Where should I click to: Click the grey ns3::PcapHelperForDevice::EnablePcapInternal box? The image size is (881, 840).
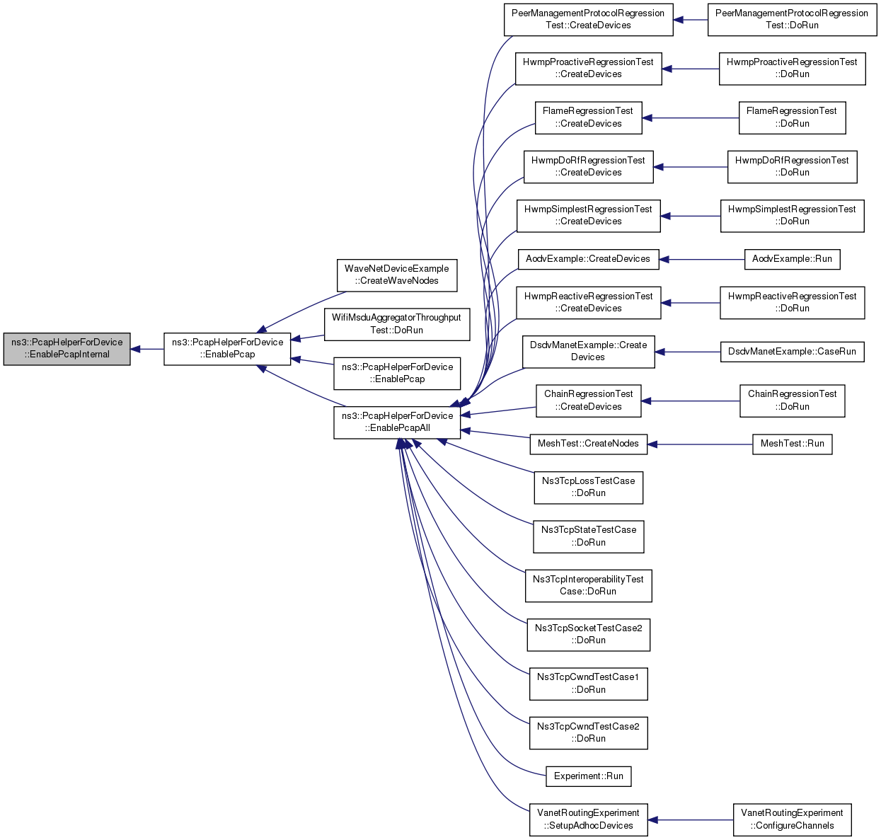[67, 349]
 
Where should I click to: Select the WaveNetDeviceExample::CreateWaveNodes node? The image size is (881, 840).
[396, 275]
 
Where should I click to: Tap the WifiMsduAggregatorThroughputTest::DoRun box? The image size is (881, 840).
[396, 324]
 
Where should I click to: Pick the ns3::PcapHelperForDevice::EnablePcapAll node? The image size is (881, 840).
[396, 422]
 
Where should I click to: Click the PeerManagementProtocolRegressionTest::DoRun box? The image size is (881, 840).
[792, 20]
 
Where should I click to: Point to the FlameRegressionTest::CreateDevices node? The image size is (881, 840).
[588, 117]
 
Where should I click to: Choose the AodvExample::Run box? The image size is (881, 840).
[792, 259]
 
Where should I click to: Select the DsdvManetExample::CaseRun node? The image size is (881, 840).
[792, 352]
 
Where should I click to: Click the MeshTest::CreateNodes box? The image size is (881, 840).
[588, 444]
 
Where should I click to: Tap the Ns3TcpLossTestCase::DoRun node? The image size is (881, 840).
[588, 488]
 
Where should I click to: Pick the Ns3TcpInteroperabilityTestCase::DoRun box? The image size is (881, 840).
[588, 585]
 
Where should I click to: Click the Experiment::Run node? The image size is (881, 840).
[588, 776]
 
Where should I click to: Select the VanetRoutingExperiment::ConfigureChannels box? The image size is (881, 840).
[792, 819]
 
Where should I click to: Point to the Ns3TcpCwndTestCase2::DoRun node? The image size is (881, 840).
[588, 732]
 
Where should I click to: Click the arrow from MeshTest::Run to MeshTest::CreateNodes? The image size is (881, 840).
[700, 444]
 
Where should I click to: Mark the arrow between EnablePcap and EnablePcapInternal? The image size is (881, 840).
[147, 349]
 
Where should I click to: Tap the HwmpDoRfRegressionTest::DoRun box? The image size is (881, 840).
[792, 167]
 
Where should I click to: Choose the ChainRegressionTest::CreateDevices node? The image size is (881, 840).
[588, 401]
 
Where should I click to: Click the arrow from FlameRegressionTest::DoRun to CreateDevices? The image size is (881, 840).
[690, 118]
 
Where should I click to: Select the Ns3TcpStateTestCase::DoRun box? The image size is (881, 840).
[588, 536]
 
